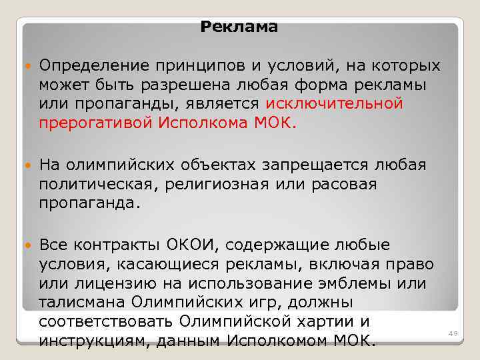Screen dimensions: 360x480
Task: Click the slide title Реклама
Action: coord(239,27)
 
